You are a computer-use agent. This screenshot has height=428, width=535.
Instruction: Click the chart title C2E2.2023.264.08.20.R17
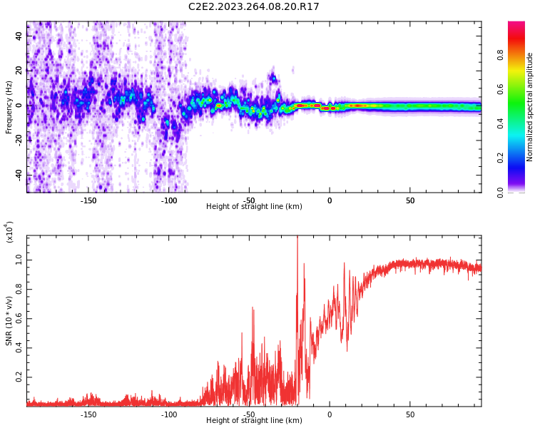point(253,7)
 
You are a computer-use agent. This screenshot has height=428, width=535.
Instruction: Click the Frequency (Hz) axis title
point(9,107)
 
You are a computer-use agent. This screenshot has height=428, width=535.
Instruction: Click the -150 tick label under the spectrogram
point(88,201)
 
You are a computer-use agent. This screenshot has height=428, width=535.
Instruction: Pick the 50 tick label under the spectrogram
point(410,201)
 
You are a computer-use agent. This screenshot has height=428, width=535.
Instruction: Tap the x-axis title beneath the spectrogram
point(254,207)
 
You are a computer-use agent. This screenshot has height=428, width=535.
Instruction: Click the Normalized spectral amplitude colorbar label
point(530,107)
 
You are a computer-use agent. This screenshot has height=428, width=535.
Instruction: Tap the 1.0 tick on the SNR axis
point(19,261)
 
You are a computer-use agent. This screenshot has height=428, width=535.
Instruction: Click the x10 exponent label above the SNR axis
point(9,233)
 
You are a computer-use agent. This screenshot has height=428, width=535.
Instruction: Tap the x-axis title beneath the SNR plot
point(254,421)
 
